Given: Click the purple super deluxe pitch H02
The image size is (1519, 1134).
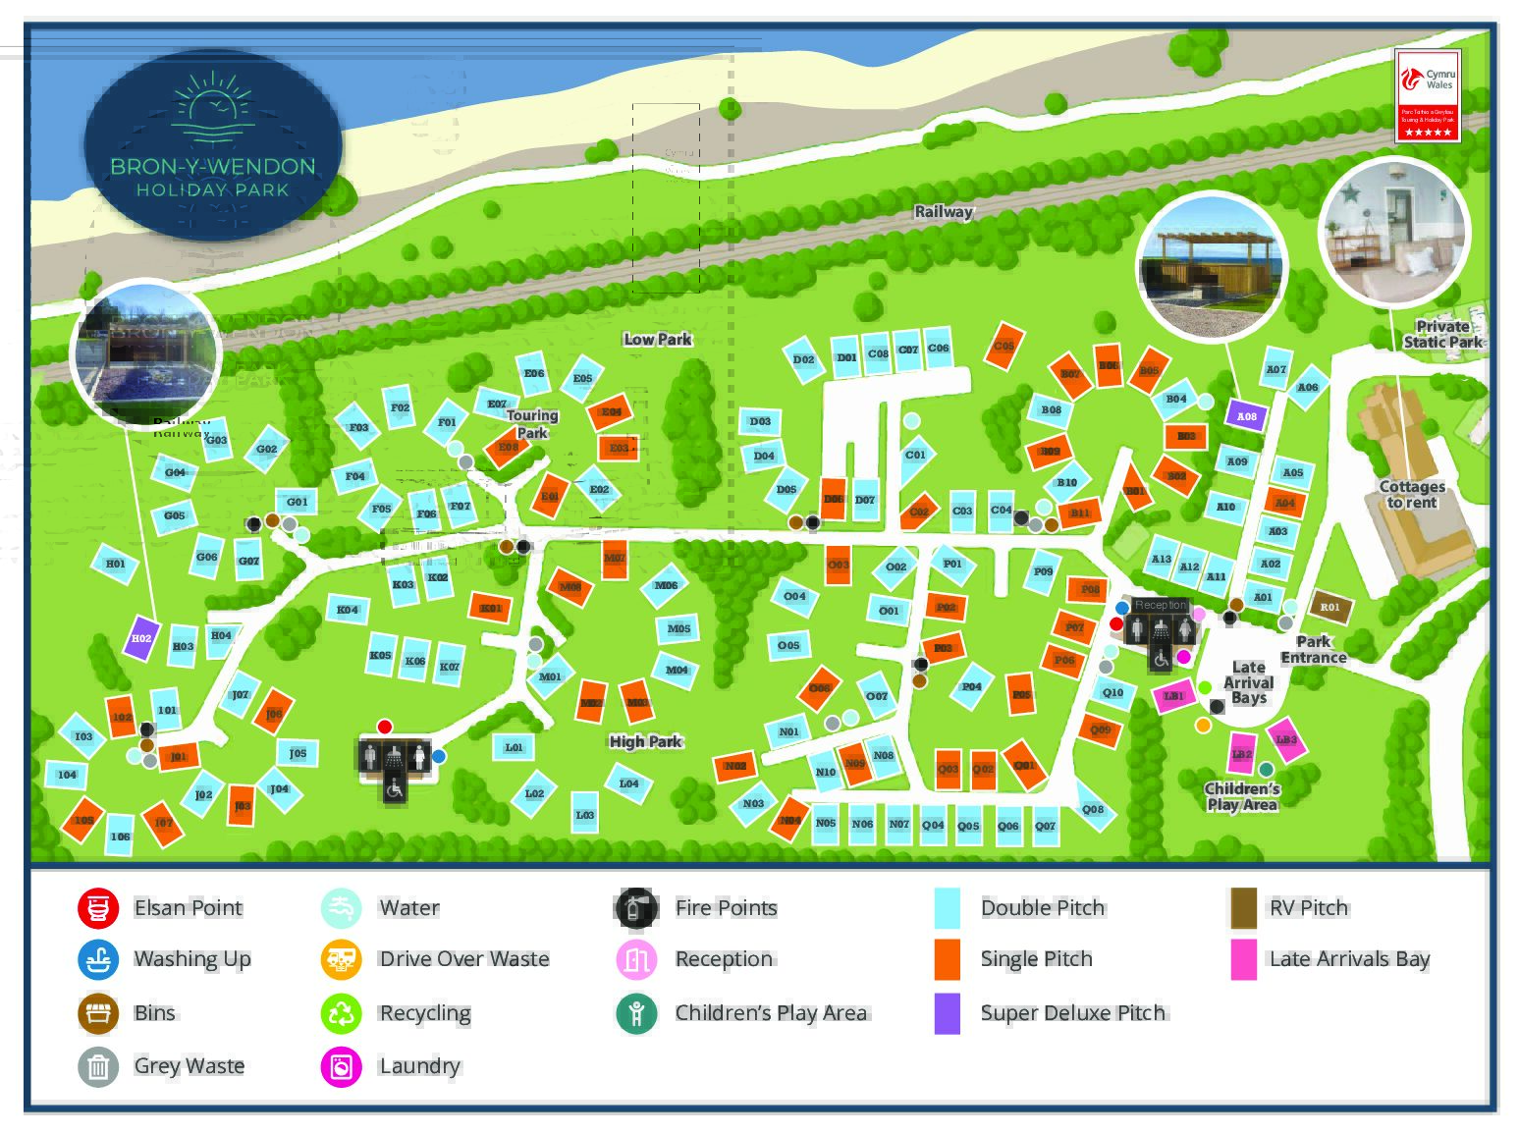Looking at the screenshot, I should pos(142,638).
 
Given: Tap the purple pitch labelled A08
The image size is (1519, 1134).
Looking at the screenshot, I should pos(1245,416).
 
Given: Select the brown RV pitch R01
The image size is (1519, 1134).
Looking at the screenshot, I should pos(1329,607).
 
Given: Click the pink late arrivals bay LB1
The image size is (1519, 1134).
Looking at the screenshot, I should pos(1173,695).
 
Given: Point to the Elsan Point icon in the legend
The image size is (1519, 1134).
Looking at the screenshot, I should pos(98,907).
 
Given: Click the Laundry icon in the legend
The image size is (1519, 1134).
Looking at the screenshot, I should pos(341,1066).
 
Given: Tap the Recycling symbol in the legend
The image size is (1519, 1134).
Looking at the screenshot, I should pos(341,1013).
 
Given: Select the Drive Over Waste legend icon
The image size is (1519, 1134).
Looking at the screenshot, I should pos(341,959).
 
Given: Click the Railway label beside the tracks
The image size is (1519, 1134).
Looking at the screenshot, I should pos(943,211).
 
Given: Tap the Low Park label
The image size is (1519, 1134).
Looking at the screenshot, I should pos(657,339).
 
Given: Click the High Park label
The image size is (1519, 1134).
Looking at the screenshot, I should pos(645,741).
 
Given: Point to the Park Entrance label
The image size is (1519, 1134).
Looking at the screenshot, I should pos(1313,649).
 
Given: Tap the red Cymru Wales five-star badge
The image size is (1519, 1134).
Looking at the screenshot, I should pos(1428,96).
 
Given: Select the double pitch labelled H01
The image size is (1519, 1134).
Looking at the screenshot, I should pos(116,564).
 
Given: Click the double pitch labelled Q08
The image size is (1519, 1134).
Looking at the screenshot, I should pos(1092,809).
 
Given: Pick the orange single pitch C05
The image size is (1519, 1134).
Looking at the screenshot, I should pos(1003,347).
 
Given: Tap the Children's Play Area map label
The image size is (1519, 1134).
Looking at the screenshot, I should pos(1242,796).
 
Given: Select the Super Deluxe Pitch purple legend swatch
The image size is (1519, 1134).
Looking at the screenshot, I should pos(947,1013).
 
